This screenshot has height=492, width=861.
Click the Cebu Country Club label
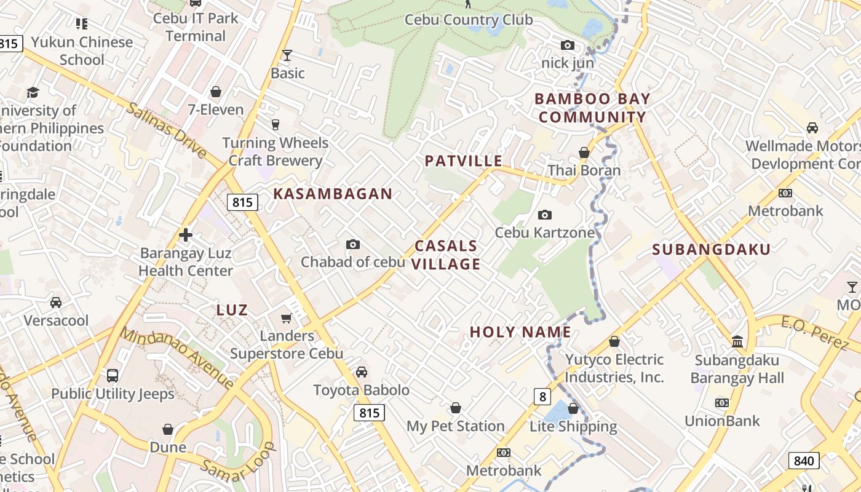[x=469, y=20]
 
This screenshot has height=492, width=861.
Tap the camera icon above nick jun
[x=567, y=45]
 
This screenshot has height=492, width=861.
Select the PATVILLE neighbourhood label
[x=464, y=161]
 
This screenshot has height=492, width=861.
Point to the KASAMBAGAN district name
[x=333, y=194]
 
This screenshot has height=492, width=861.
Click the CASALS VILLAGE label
[x=446, y=255]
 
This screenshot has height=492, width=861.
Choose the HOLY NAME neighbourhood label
[x=520, y=332]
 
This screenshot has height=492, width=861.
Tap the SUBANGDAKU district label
[x=712, y=249]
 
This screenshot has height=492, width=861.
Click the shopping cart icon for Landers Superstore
[x=286, y=318]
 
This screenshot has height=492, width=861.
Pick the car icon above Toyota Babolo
[x=362, y=372]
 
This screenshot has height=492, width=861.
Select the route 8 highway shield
[x=542, y=397]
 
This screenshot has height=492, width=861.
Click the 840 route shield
[x=803, y=461]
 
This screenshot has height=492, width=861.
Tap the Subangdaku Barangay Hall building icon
[x=737, y=341]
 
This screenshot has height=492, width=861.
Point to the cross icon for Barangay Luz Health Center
[x=186, y=235]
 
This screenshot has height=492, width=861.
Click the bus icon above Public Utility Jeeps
[x=113, y=375]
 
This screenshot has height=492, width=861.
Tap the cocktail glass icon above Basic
[x=287, y=55]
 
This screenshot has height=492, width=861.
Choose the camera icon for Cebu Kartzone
[x=544, y=215]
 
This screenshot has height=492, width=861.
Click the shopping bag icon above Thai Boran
[x=584, y=152]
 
